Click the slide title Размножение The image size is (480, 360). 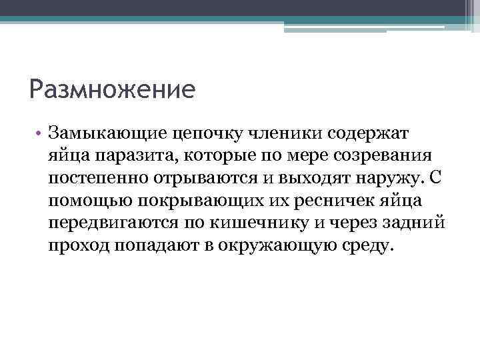click(x=113, y=89)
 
